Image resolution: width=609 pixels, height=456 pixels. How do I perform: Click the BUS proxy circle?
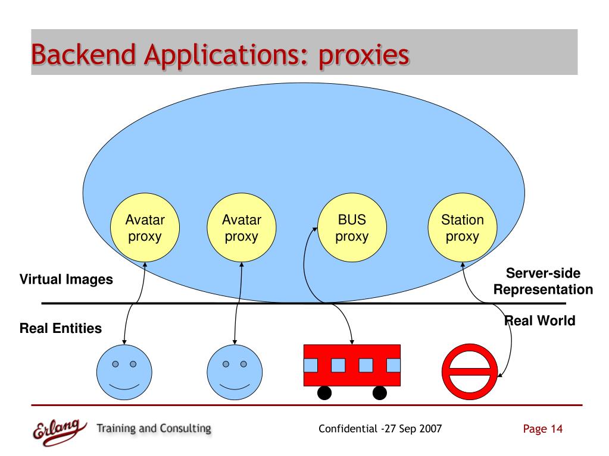(352, 229)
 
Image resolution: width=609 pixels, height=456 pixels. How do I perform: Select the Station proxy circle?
(463, 229)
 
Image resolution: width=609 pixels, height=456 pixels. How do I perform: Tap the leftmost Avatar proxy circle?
(145, 229)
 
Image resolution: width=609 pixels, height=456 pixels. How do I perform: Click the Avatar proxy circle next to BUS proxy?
(241, 229)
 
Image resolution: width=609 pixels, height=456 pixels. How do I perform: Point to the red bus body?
(352, 364)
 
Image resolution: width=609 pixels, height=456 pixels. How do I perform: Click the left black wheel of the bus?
(324, 393)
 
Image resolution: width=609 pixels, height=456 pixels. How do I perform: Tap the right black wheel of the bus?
(379, 393)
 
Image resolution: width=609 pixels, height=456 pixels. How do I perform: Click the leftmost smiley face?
(124, 372)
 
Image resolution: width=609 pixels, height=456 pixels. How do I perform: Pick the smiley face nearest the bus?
(234, 372)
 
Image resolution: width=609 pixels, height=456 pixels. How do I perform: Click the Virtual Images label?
(66, 279)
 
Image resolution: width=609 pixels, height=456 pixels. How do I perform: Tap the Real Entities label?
(61, 328)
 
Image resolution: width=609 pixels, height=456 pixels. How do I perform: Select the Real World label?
(541, 322)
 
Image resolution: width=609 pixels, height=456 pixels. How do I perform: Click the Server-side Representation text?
(543, 282)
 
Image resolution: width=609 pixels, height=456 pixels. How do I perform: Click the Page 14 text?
(542, 429)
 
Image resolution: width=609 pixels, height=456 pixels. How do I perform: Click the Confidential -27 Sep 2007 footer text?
(380, 429)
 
